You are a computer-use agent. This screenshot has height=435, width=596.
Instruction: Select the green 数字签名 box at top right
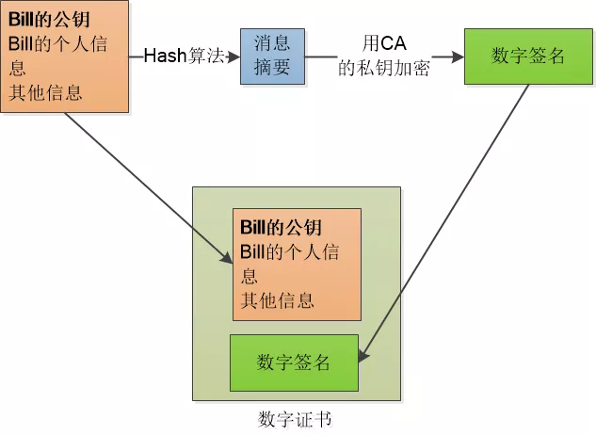coord(527,56)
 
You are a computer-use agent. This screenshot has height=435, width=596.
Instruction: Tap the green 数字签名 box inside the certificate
coord(294,362)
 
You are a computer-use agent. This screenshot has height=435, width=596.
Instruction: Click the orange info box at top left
coord(64,56)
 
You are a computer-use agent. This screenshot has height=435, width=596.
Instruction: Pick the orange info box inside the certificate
coord(297,265)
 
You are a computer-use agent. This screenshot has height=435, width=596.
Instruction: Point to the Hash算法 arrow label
coord(184,56)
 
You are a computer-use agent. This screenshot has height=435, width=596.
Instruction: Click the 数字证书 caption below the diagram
coord(295,418)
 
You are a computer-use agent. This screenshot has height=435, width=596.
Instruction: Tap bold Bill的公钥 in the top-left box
coord(43,21)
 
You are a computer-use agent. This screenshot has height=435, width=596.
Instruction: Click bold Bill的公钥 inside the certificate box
coord(281,228)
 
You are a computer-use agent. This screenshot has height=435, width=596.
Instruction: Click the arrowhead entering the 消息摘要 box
coord(235,56)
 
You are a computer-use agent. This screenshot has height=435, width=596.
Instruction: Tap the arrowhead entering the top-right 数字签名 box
coord(459,56)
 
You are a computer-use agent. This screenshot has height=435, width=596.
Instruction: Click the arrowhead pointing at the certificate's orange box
coord(227,257)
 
